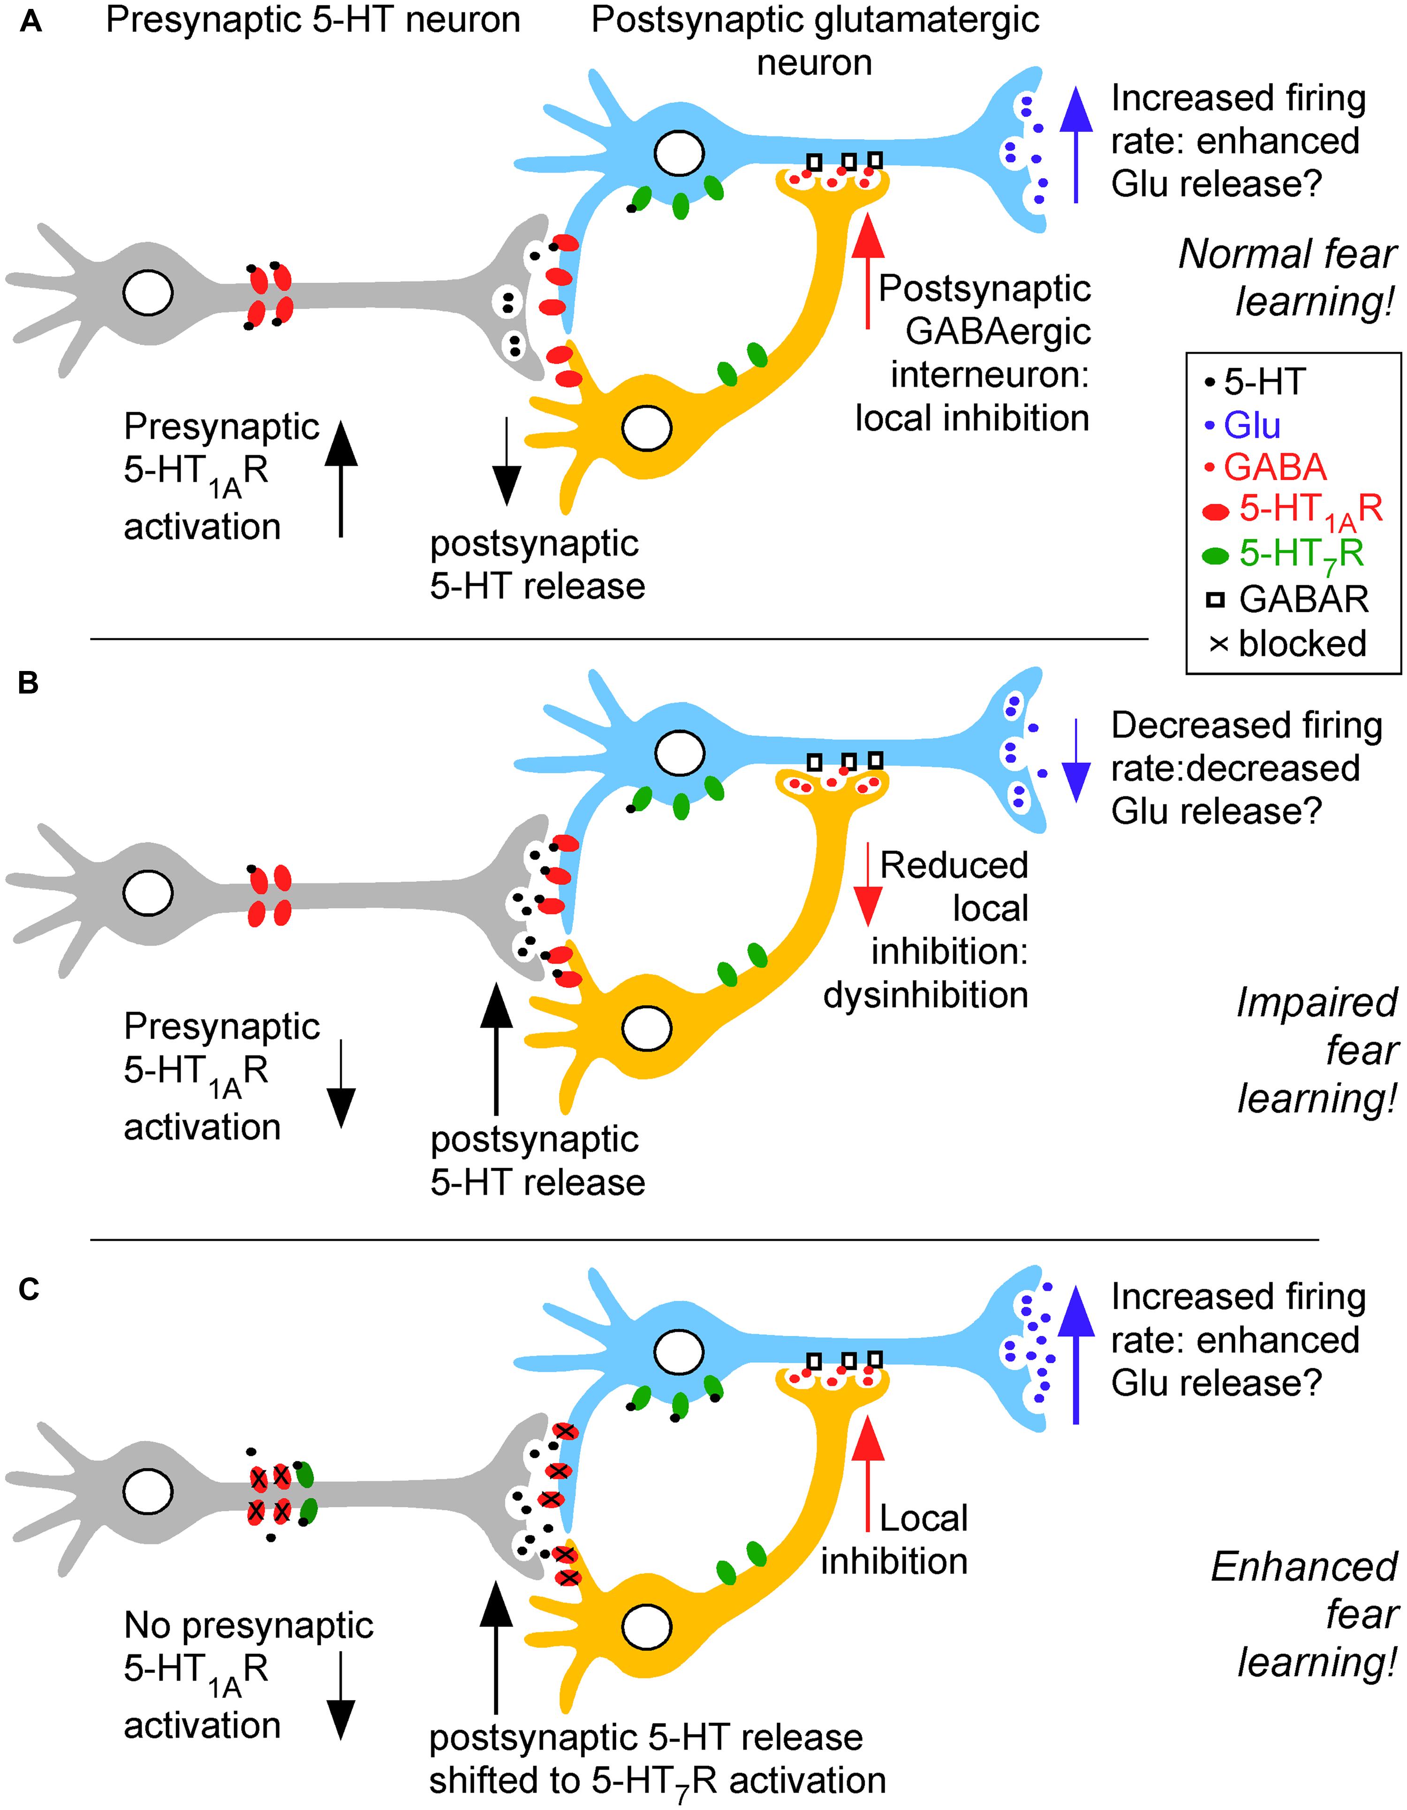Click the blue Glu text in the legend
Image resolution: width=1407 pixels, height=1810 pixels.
pyautogui.click(x=1252, y=426)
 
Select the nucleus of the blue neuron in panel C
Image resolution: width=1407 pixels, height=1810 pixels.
pyautogui.click(x=679, y=1352)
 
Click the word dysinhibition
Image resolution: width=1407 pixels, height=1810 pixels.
pyautogui.click(x=925, y=995)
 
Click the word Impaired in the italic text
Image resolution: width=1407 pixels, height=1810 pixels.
pyautogui.click(x=1316, y=1003)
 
